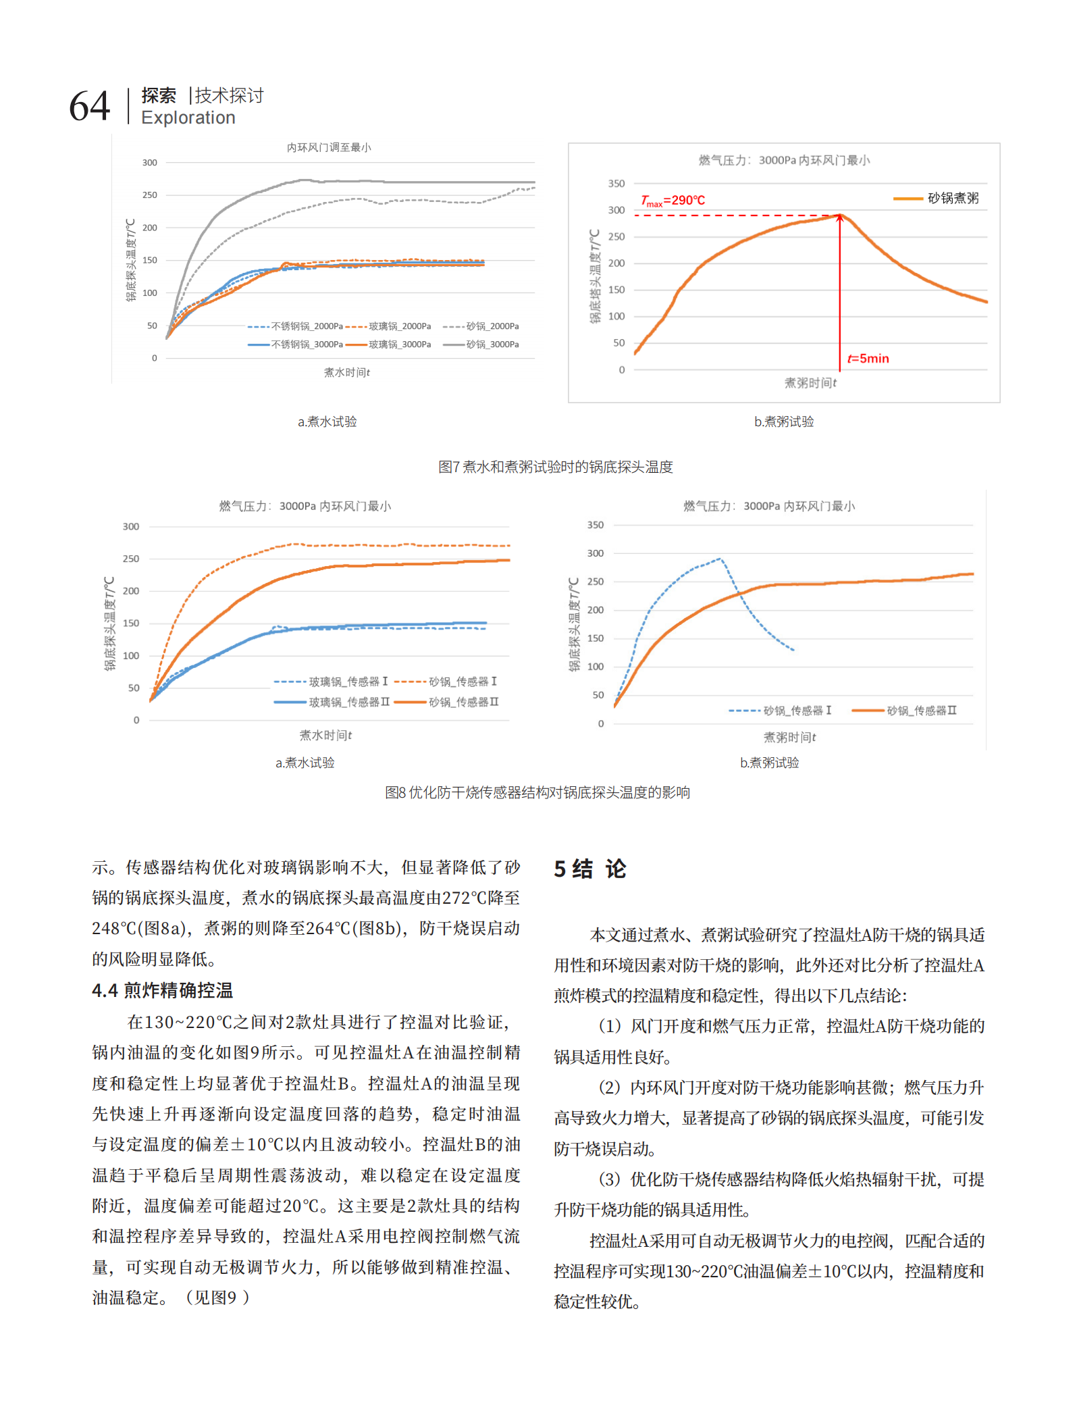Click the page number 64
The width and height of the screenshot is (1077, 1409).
pos(90,107)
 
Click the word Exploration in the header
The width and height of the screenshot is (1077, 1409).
pos(188,118)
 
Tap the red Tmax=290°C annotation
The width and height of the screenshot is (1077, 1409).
pos(673,201)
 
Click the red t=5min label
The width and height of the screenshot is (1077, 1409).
pos(868,359)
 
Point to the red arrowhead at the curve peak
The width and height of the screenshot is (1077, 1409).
pos(840,217)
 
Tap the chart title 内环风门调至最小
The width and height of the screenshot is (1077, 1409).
pos(329,147)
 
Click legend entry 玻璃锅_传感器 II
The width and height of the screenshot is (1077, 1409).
pos(332,702)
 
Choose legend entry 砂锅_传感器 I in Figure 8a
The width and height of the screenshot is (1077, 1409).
pos(446,682)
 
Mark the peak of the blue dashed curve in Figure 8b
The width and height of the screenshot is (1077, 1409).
pos(720,559)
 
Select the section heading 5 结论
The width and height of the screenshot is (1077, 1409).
pos(590,869)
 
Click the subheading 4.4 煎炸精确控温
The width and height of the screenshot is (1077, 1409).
pos(163,991)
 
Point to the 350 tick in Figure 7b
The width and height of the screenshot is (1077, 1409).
pos(616,184)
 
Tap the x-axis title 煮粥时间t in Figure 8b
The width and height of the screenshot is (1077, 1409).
pos(789,737)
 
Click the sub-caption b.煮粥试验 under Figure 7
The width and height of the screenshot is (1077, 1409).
pos(784,421)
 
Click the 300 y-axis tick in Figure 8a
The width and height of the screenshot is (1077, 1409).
pos(131,527)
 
